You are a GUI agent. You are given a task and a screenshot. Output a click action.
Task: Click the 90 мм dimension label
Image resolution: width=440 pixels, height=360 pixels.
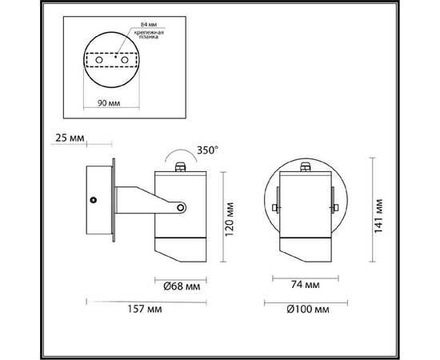(109, 103)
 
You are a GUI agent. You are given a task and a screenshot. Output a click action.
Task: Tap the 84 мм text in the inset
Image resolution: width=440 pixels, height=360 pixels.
(149, 25)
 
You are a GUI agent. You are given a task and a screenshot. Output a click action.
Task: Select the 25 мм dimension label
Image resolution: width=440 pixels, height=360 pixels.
(70, 138)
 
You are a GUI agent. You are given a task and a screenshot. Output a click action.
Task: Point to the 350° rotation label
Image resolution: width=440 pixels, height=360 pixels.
(207, 150)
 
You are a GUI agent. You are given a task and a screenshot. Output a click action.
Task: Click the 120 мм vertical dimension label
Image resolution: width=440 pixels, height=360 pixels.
(230, 219)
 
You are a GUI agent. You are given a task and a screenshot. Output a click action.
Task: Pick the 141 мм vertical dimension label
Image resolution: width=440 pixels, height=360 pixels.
(378, 216)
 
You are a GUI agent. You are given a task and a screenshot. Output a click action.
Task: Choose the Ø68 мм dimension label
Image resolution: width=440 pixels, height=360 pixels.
(182, 286)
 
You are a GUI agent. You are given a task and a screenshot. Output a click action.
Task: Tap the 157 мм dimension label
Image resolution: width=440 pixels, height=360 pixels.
(145, 309)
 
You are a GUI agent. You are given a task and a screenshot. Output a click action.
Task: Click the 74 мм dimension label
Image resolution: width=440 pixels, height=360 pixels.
(305, 285)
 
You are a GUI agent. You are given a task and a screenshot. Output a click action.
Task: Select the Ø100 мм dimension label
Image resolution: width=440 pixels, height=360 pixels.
(308, 310)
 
